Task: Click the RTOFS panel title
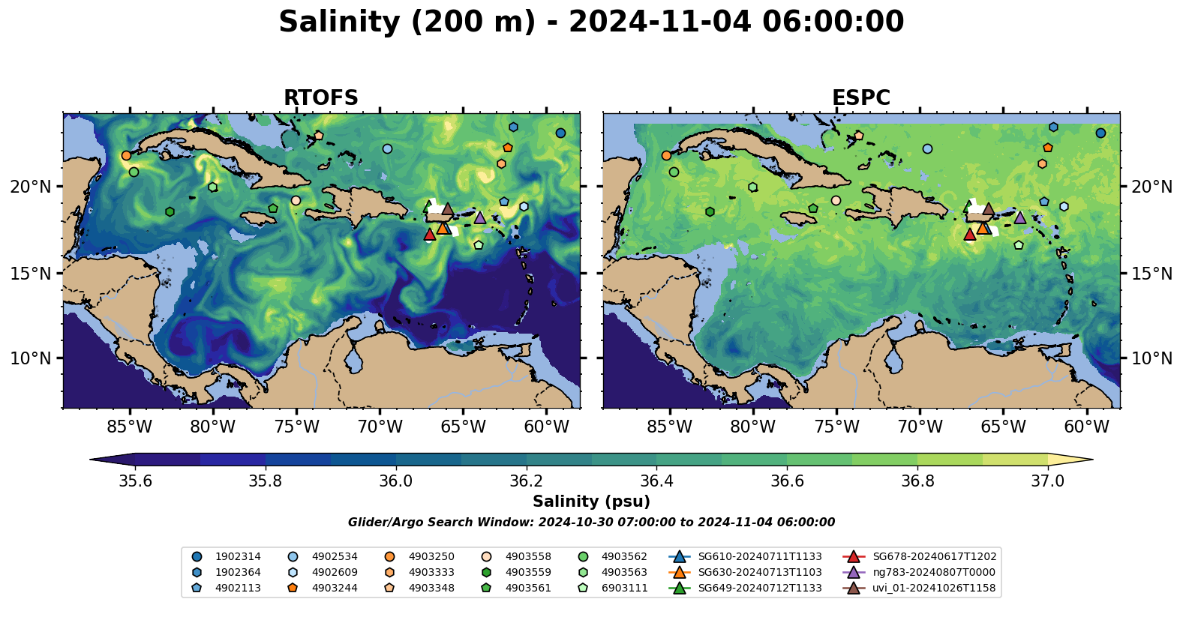pos(320,98)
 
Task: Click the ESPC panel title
pos(860,98)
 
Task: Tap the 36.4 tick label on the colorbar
pos(656,481)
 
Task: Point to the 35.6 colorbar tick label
pos(136,481)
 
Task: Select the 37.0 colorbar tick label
pos(1047,481)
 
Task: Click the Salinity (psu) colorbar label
pos(591,502)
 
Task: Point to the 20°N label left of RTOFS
pos(31,187)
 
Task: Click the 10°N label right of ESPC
pos(1151,358)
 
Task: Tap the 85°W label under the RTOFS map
pos(130,427)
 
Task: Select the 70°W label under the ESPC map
pos(920,427)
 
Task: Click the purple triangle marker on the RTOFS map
pos(480,218)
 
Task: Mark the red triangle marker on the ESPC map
pos(969,235)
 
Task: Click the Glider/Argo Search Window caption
pos(591,523)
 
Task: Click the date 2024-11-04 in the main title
pos(659,22)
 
